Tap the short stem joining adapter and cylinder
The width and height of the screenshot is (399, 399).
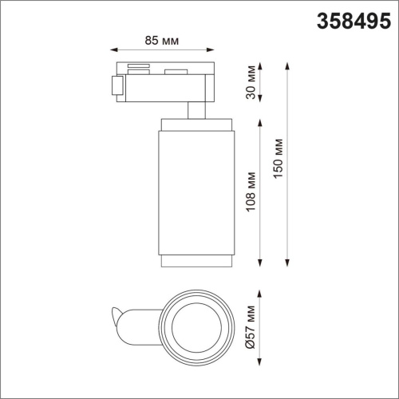click(194, 109)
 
